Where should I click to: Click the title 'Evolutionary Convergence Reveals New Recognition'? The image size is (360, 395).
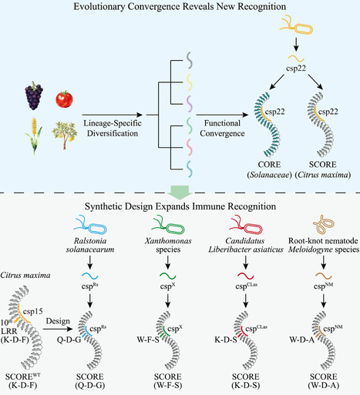click(179, 8)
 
